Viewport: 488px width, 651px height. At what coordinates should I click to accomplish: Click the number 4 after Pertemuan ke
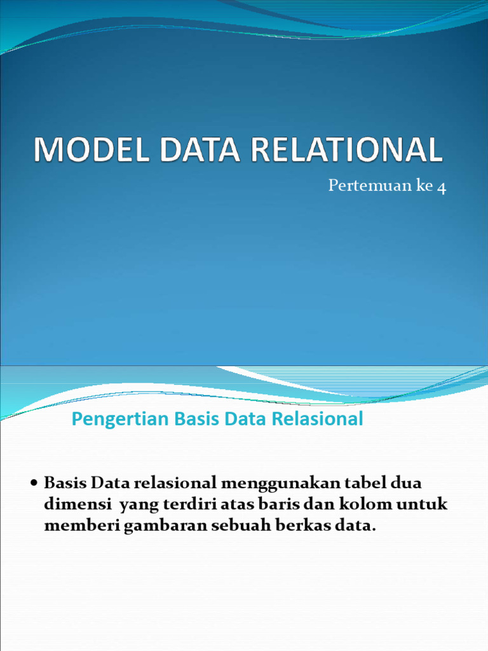442,187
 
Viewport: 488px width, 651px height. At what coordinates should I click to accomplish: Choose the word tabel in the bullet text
361,483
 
